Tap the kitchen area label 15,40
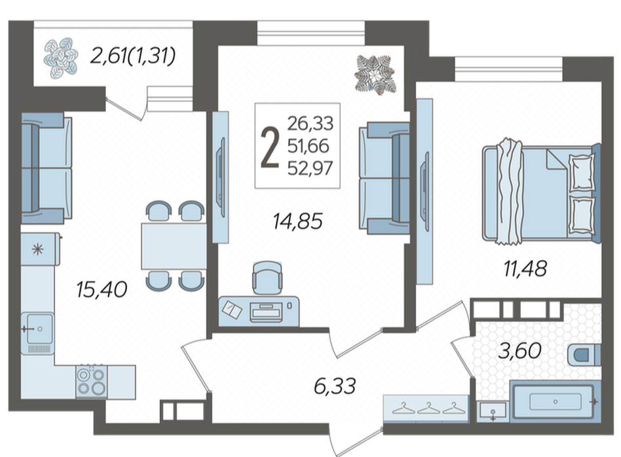[102, 289]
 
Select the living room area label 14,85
[298, 221]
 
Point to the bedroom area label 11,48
[525, 268]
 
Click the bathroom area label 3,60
[519, 350]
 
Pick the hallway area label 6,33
[335, 386]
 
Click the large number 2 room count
[270, 149]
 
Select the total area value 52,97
[310, 168]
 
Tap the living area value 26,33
[310, 124]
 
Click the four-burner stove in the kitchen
[92, 382]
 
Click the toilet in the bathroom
[584, 354]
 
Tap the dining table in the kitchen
[174, 246]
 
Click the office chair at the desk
[267, 278]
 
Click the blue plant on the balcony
[61, 57]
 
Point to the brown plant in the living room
[375, 75]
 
